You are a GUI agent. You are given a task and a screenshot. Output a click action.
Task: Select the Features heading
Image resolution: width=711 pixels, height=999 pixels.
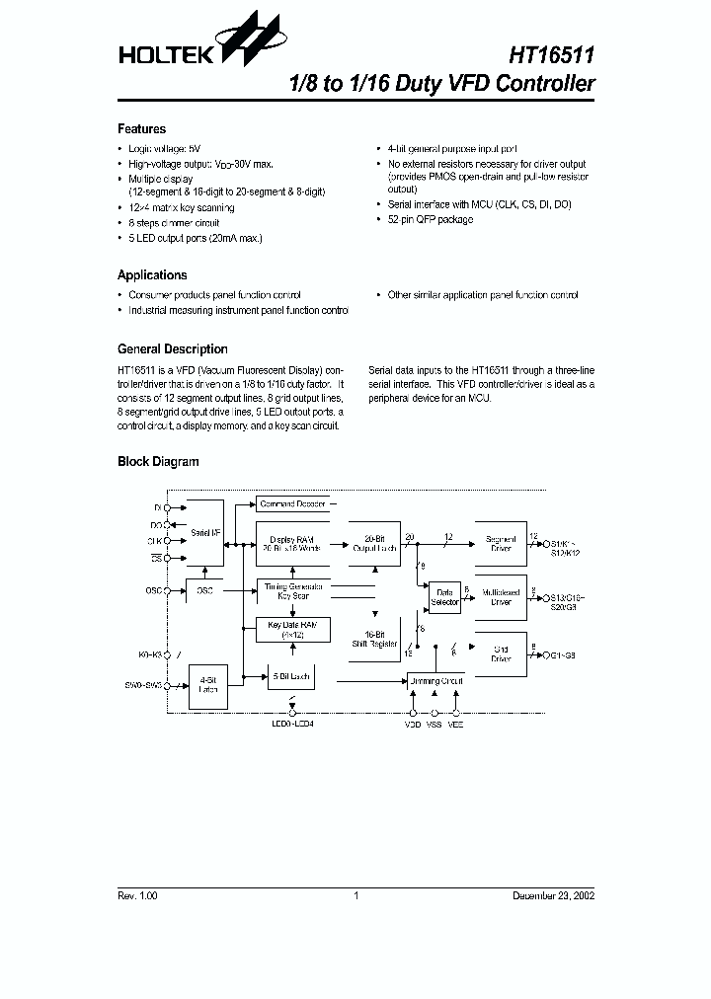coord(141,129)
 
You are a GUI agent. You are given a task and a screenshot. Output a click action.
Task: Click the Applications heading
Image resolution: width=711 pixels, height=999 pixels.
coord(152,275)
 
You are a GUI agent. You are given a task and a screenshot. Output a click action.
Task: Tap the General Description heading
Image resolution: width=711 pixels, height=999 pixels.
coord(173,349)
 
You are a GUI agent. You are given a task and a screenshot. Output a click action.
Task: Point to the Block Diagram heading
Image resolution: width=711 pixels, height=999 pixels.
coord(158,462)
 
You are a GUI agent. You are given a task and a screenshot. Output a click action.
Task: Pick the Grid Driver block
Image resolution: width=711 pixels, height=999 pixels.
coord(501,653)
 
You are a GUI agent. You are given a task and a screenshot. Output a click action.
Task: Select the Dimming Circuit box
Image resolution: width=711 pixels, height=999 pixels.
coord(435,681)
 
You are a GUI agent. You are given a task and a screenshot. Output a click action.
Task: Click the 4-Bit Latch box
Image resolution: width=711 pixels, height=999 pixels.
coord(206,684)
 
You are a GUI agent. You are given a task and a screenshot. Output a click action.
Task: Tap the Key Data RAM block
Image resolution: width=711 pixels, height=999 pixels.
coord(293,630)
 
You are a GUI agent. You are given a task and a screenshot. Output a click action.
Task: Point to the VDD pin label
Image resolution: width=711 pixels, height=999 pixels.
coord(412,724)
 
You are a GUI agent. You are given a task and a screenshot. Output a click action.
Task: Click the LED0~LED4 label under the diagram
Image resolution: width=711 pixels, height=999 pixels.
coord(291,724)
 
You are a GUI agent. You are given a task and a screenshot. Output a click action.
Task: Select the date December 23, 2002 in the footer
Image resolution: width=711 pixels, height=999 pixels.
coord(552,896)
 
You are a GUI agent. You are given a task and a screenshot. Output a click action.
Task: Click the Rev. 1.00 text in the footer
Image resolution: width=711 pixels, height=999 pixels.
coord(137,896)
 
